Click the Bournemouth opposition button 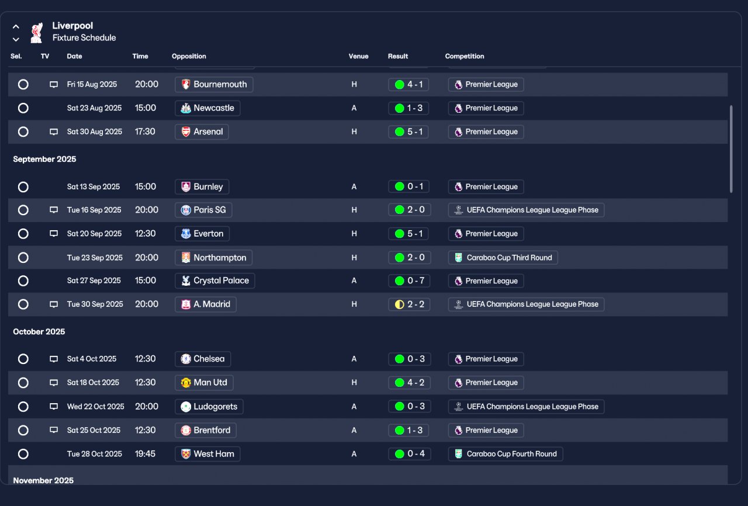214,84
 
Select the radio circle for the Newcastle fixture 23,108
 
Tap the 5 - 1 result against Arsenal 409,132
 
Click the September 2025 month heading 44,159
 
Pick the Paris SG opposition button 203,210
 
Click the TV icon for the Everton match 54,234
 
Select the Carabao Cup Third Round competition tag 503,258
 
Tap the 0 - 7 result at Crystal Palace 409,281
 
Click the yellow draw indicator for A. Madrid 400,304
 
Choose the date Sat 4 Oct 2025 92,359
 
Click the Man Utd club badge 186,383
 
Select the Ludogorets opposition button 209,407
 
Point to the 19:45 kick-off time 146,454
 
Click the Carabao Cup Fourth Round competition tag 505,454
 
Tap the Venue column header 359,56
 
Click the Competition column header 465,56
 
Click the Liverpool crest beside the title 36,32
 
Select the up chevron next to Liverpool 16,26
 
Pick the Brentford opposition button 206,430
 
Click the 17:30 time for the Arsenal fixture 146,132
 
